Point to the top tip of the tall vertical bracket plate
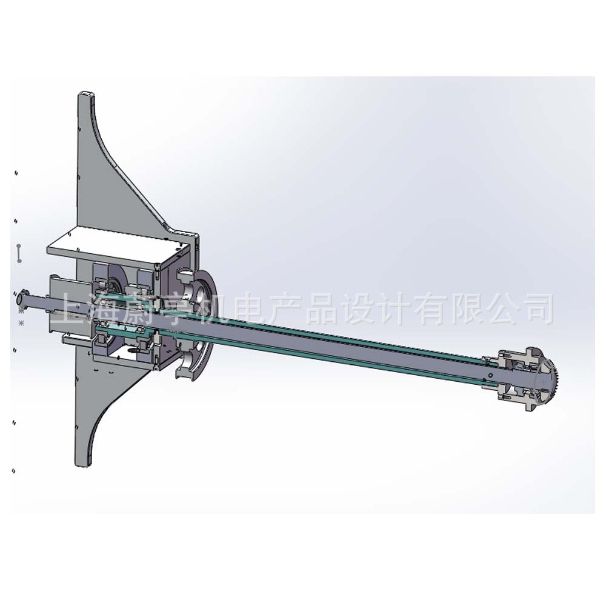click(86, 95)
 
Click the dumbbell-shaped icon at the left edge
click(19, 253)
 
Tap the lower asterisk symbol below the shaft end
click(22, 323)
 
